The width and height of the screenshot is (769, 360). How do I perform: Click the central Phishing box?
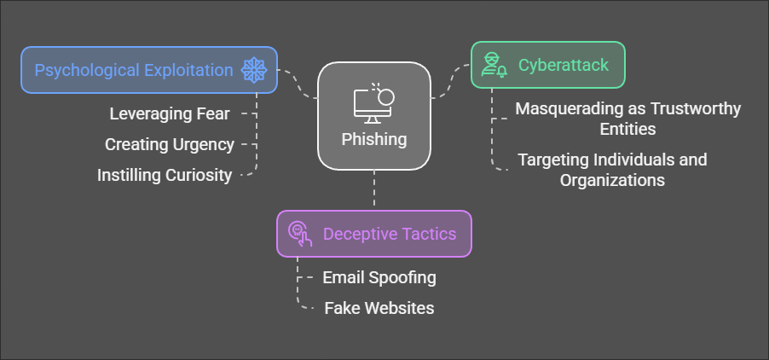(x=374, y=116)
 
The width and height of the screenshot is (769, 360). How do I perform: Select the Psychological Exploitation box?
(x=148, y=70)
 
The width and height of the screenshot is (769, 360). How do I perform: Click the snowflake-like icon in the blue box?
(x=255, y=70)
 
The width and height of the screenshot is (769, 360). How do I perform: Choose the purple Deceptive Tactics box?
(x=373, y=233)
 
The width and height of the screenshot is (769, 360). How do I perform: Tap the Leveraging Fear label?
(x=170, y=113)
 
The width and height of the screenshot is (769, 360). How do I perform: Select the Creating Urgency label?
(x=170, y=144)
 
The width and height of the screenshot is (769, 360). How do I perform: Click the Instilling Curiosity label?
(x=165, y=175)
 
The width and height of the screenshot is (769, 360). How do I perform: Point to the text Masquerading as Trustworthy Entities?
(x=627, y=119)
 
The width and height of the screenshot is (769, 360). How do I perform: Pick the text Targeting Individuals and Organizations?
(x=612, y=170)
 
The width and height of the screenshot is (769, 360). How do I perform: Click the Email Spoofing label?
(x=379, y=277)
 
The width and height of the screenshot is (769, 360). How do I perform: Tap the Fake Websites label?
(x=379, y=308)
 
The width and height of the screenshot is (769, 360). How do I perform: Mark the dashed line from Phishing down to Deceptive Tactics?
(x=374, y=189)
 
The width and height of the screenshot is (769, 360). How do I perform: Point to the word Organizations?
(x=612, y=180)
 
